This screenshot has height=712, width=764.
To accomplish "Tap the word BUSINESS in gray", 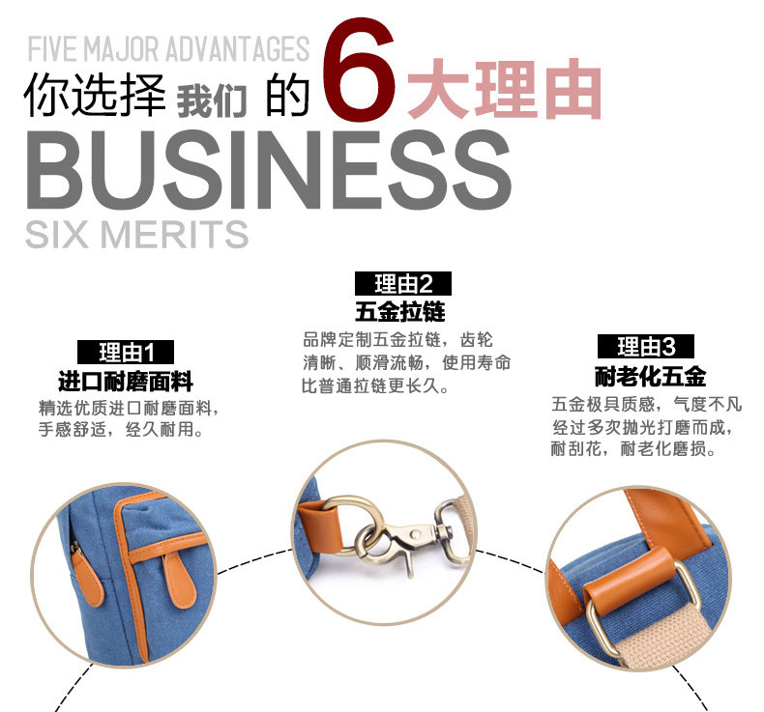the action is tap(269, 170).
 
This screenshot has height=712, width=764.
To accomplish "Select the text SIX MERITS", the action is tap(137, 234).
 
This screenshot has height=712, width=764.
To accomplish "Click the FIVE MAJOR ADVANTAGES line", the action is tap(168, 48).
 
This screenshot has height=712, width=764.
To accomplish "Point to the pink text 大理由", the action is tap(505, 89).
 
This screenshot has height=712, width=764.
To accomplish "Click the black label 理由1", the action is tap(126, 352).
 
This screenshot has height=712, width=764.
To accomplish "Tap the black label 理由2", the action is tap(403, 284).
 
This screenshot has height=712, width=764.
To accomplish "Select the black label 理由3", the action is tap(646, 347).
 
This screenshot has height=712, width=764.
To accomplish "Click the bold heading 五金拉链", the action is tap(400, 312).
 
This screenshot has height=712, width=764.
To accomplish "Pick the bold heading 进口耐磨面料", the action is tap(126, 381).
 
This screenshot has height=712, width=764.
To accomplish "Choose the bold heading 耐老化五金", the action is tap(651, 376).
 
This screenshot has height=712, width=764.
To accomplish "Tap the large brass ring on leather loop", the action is tap(352, 526).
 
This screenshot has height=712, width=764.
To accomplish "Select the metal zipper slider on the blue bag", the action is tap(75, 547).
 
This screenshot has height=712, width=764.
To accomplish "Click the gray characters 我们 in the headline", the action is tap(212, 101).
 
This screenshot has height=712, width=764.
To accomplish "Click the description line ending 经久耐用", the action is tap(121, 430).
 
